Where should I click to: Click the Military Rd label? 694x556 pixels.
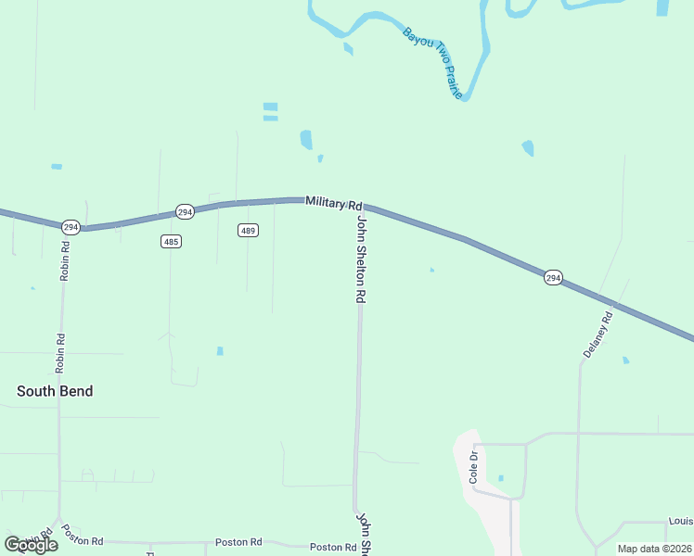click(x=333, y=203)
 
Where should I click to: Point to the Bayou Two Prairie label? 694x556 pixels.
click(x=431, y=63)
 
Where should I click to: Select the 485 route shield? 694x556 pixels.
click(x=170, y=242)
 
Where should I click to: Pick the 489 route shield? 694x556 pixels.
click(x=247, y=230)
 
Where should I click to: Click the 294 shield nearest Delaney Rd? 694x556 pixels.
click(x=553, y=278)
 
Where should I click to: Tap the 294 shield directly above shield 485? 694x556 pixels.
click(x=185, y=212)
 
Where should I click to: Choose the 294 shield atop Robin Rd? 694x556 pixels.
click(x=71, y=227)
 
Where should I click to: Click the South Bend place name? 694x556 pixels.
click(x=55, y=391)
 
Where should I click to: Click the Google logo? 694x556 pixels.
click(x=31, y=545)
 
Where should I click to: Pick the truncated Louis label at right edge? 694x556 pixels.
click(x=680, y=523)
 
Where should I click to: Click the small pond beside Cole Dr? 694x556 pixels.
click(x=501, y=478)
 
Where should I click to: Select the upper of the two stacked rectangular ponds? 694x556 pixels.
click(x=270, y=107)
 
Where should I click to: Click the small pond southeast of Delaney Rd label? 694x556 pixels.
click(x=625, y=360)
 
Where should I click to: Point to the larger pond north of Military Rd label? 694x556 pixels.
click(x=306, y=140)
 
